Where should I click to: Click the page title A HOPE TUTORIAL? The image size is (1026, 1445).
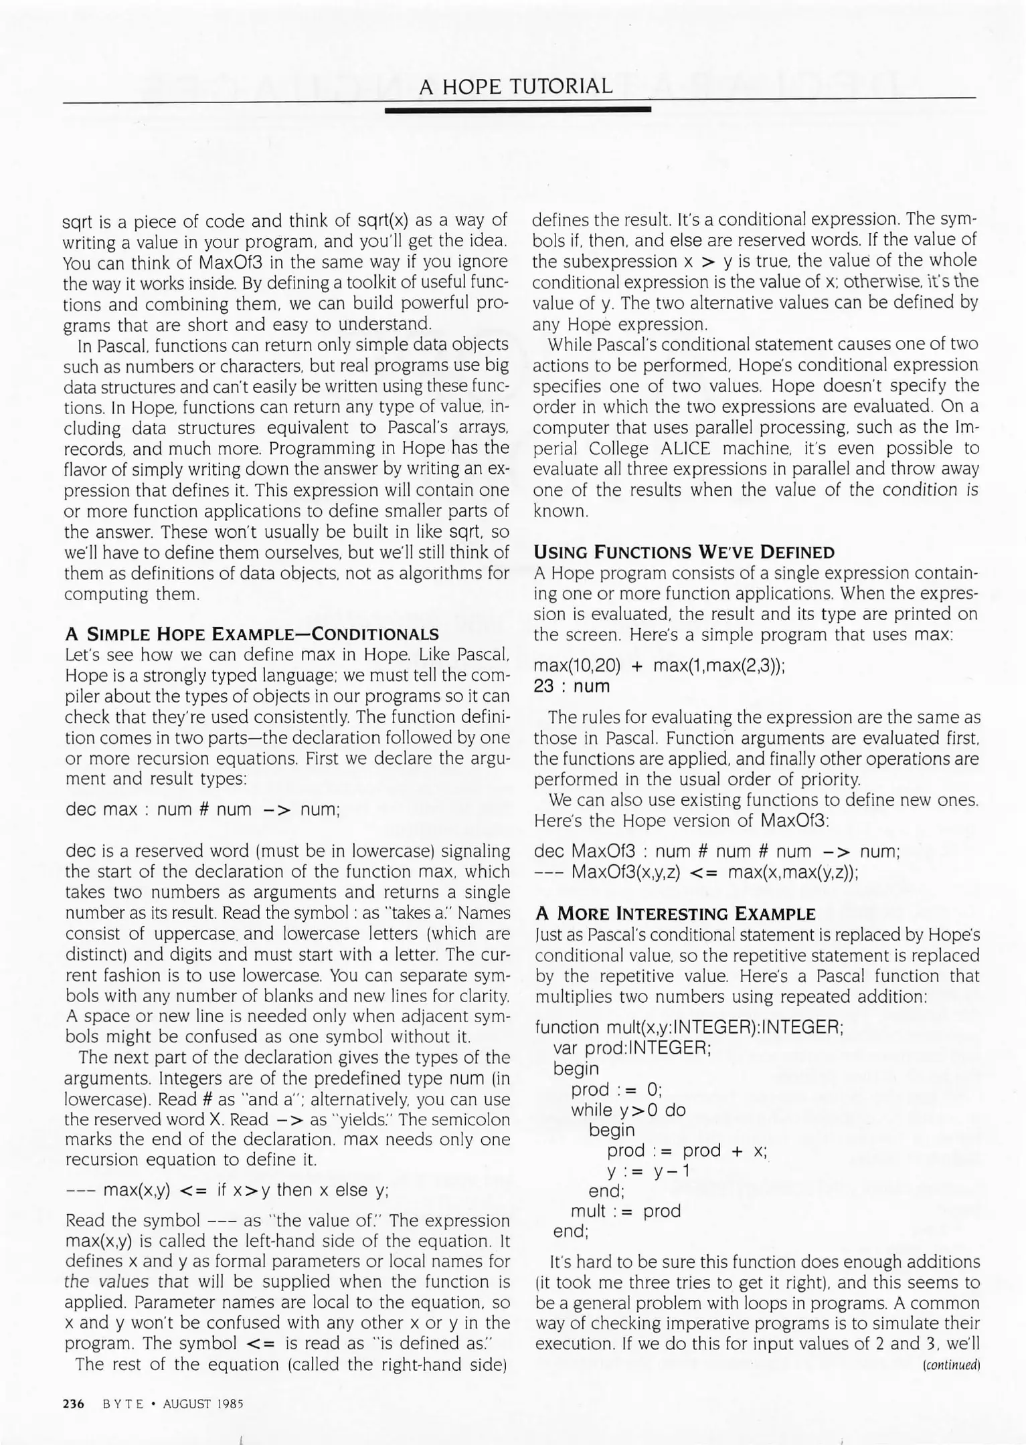[515, 86]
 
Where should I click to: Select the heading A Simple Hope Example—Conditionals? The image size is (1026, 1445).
[252, 634]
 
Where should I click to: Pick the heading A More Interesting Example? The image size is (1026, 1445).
[675, 914]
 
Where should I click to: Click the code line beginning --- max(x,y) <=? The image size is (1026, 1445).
[228, 1190]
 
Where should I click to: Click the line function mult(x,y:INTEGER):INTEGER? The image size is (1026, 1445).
[689, 1027]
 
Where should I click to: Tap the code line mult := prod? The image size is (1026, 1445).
[625, 1211]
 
